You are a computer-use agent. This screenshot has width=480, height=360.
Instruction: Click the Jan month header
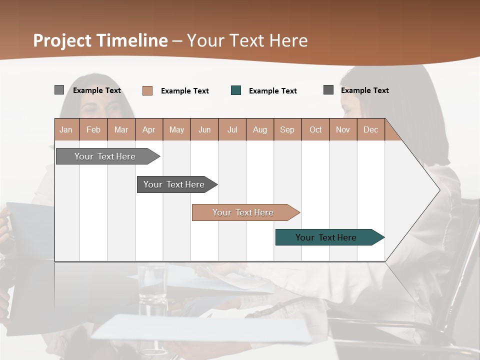click(x=66, y=129)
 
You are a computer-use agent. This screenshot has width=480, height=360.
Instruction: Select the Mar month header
click(x=121, y=129)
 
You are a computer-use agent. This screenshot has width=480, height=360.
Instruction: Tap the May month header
click(x=176, y=129)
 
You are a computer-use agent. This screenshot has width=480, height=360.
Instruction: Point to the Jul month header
click(x=232, y=129)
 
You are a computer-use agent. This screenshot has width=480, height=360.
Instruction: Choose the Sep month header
click(x=287, y=129)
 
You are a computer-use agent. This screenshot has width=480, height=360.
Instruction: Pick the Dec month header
click(x=370, y=129)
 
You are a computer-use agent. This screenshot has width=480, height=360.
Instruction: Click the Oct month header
click(x=315, y=129)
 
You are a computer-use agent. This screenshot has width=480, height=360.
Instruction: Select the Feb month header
click(x=93, y=129)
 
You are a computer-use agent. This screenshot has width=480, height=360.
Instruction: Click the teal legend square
click(x=236, y=90)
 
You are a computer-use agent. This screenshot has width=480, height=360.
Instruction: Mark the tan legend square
click(x=147, y=90)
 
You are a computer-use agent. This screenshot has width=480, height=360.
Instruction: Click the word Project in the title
click(x=63, y=40)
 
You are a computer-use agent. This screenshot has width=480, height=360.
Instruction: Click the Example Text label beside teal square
click(x=272, y=91)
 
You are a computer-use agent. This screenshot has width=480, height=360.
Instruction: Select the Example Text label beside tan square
click(x=184, y=91)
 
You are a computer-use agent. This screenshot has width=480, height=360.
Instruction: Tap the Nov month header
click(x=343, y=129)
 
